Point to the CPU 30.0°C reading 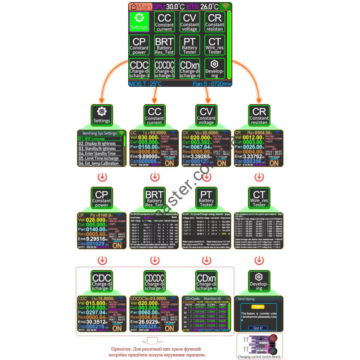pos(165,7)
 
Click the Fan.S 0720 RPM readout pos(212,84)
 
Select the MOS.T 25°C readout pos(145,84)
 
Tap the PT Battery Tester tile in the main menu pos(190,45)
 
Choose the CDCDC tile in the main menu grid pos(164,69)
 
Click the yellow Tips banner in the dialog pos(257,306)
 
